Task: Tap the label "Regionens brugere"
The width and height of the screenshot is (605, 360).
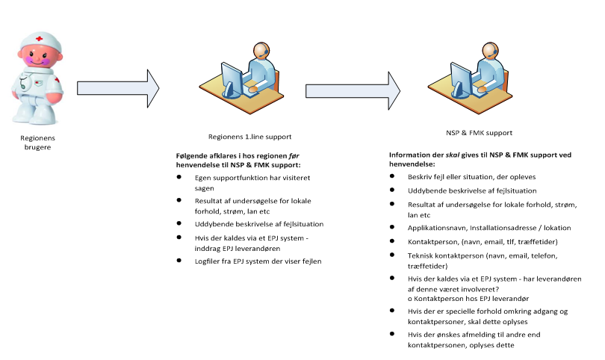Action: pos(37,143)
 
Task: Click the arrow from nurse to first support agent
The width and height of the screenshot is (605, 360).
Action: pos(118,88)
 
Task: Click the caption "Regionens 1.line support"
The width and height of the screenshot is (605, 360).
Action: pos(249,137)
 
